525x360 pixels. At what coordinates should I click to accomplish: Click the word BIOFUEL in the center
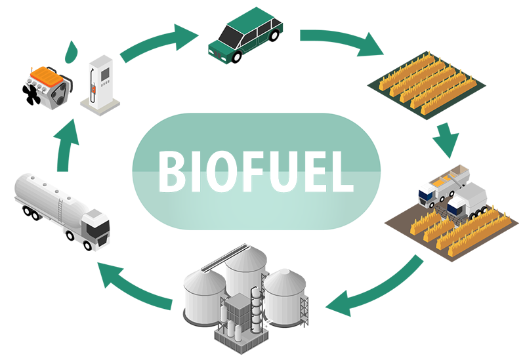click(x=255, y=172)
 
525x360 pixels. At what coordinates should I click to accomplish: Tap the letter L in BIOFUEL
click(x=341, y=172)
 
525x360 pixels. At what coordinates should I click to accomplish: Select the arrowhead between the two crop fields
click(x=441, y=140)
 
